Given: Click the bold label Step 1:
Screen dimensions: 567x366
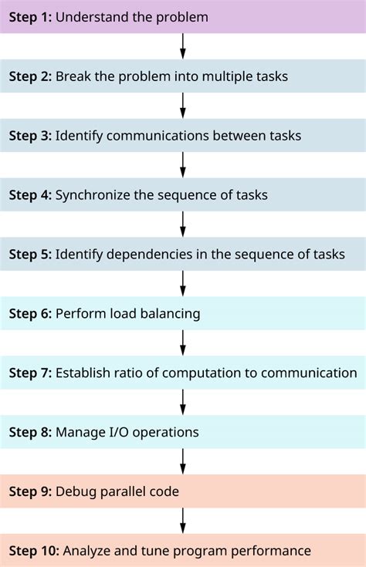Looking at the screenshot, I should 30,16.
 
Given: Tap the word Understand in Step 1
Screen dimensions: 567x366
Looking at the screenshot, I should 90,16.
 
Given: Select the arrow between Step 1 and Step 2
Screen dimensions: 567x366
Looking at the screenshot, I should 183,46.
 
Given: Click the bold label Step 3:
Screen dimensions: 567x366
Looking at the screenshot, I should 30,135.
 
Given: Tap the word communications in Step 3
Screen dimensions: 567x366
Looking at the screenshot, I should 154,135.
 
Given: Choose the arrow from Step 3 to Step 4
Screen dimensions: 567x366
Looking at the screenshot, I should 183,164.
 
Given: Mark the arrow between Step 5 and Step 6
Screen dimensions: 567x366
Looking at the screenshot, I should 183,282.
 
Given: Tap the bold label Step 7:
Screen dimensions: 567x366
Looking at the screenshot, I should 30,373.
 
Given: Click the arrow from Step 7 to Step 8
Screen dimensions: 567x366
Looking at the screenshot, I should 183,401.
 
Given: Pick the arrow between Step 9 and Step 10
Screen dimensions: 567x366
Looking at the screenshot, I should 183,520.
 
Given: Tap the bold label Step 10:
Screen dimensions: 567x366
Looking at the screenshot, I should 33,551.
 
